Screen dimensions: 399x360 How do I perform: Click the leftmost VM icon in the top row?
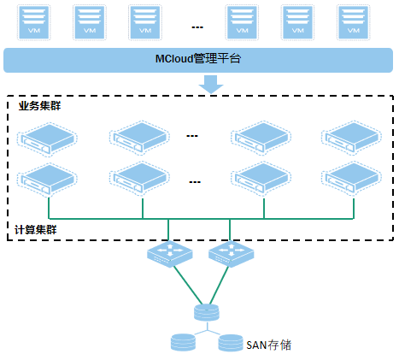[34, 22]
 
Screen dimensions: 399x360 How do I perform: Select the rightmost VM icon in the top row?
[354, 22]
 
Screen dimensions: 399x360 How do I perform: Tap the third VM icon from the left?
[145, 22]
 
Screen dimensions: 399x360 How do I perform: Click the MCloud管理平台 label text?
[198, 59]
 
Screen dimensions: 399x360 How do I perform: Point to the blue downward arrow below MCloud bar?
[211, 84]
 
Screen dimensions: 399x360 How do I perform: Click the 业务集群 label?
[39, 106]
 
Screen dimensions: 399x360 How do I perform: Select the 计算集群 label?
[36, 230]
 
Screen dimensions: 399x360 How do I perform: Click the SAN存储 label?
[268, 345]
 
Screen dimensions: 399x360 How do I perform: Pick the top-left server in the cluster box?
[47, 139]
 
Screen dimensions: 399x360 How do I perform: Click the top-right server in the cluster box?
[352, 138]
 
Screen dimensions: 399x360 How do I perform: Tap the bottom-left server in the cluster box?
[47, 180]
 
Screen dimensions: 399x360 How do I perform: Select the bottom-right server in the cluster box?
[352, 179]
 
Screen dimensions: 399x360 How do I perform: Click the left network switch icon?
[170, 254]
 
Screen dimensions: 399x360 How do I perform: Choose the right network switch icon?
[232, 254]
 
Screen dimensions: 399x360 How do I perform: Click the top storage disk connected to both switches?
[207, 313]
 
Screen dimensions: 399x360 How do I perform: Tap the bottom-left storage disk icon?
[184, 342]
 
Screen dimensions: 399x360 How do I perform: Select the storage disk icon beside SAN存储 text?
[231, 343]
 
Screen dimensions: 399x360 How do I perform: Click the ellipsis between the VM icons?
[197, 27]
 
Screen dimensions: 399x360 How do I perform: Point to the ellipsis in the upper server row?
[192, 136]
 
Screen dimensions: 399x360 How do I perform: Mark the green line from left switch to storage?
[188, 286]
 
